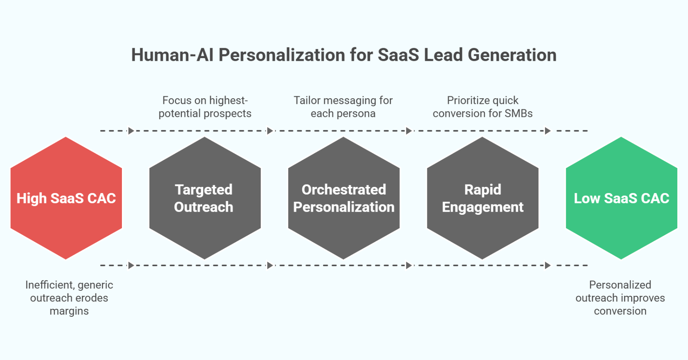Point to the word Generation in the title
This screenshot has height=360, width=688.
tap(512, 55)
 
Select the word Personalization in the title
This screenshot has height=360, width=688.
tap(282, 55)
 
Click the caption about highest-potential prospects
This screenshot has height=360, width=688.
tap(205, 107)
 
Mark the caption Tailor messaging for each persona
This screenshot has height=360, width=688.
tap(343, 107)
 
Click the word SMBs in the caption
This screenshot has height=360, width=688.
tap(518, 114)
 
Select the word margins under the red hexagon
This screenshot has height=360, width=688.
tap(69, 311)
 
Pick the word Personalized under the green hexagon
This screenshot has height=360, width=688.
tap(620, 285)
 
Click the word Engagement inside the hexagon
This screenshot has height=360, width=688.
tap(482, 207)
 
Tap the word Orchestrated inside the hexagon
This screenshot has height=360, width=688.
tap(344, 190)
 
